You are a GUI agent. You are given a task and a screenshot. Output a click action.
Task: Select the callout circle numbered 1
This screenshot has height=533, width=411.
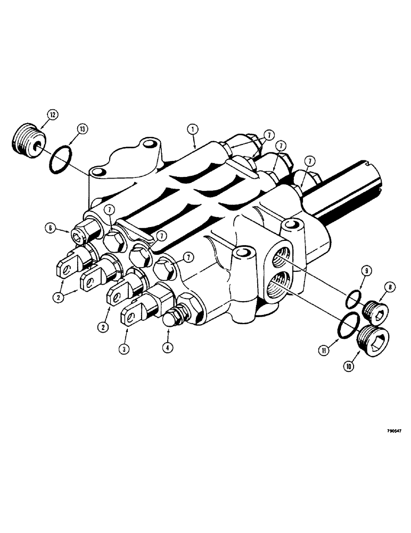tap(193, 128)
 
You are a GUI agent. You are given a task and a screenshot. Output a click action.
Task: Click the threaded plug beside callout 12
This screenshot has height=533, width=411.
tap(26, 143)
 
